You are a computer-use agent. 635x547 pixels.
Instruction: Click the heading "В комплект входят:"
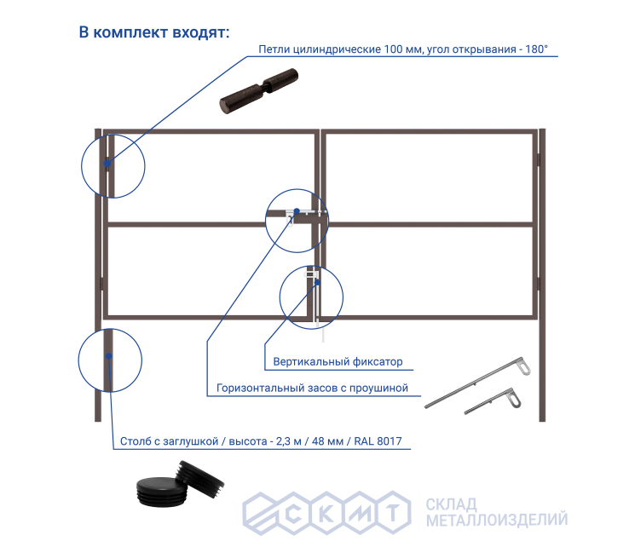(154, 32)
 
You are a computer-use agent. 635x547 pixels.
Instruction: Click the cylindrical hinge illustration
(259, 91)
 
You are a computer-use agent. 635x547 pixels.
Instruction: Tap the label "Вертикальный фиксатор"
(338, 361)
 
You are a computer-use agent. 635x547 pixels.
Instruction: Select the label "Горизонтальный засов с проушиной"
(312, 388)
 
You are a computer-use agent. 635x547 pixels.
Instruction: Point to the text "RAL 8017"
(378, 440)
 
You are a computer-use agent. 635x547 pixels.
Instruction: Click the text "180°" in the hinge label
(537, 49)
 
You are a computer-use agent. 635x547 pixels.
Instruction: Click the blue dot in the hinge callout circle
(107, 164)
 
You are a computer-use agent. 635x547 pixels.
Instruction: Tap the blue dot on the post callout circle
(109, 356)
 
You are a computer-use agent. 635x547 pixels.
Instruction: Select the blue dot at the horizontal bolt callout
(297, 211)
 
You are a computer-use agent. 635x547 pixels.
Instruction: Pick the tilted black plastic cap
(200, 478)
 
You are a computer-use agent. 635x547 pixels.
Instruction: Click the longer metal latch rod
(478, 382)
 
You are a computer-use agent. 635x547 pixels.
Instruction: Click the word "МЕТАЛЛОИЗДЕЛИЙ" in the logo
(497, 520)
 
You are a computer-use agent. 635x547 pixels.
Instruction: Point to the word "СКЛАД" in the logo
(451, 504)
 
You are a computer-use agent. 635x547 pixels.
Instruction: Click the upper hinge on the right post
(539, 159)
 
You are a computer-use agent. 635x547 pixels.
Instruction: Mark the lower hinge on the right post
(539, 284)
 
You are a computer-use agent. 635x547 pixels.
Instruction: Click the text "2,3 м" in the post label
(289, 440)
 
